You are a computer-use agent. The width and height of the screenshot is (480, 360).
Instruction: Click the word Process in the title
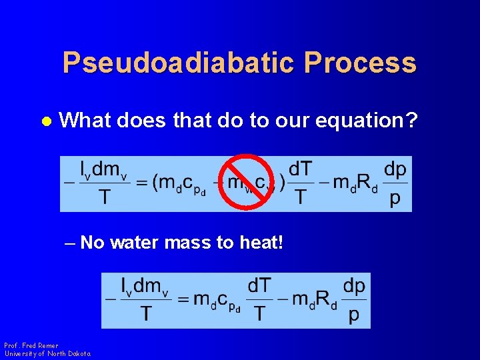[x=360, y=63]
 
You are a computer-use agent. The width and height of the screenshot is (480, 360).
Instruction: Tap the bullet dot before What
[x=46, y=121]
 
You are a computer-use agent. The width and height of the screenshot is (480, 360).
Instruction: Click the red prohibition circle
[x=248, y=181]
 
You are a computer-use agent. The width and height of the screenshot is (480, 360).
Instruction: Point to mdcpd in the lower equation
[x=217, y=301]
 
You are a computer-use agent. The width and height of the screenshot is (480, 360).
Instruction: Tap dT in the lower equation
[x=260, y=286]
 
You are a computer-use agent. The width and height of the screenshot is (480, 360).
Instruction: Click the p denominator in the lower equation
[x=353, y=315]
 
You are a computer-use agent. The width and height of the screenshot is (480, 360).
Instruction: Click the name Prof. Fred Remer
[x=31, y=345]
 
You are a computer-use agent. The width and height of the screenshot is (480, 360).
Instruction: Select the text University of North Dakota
[x=47, y=353]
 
